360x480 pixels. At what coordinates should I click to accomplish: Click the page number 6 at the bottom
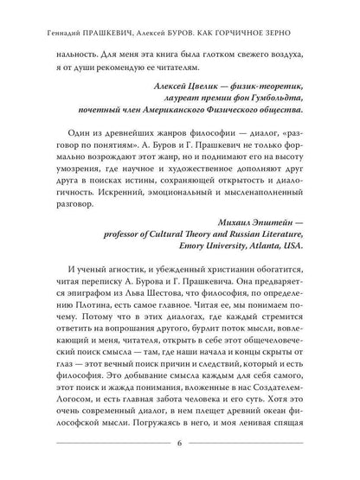pos(180,446)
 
